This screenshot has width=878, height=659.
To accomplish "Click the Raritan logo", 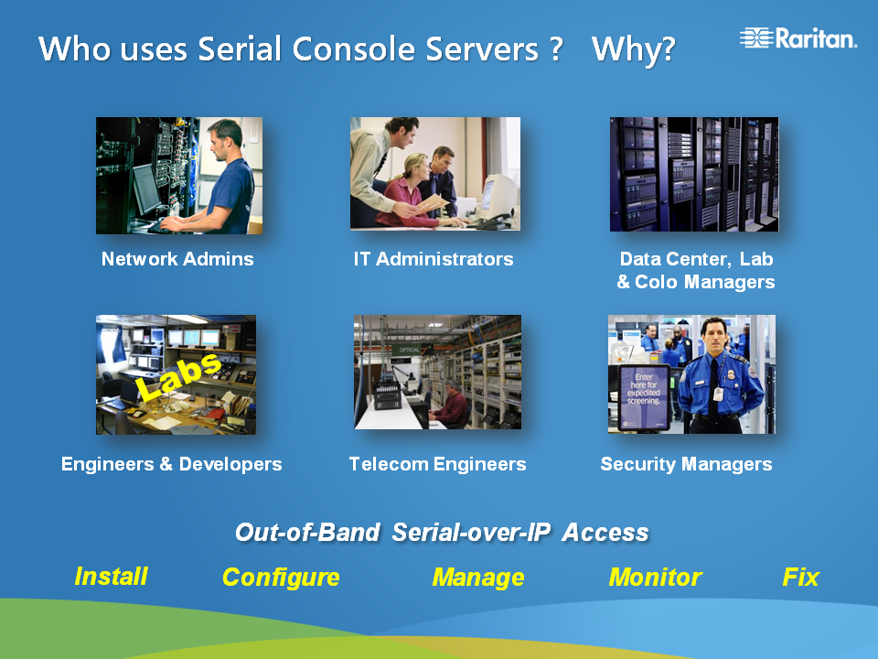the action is point(798,38).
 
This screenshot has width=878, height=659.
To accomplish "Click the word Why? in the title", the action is point(633,49).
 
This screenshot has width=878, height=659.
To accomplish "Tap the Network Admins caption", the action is point(177,259).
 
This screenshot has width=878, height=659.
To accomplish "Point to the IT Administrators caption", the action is point(434,259).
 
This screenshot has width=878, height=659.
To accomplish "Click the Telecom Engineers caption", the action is point(437,464).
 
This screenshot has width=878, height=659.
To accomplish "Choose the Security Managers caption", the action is point(686,464).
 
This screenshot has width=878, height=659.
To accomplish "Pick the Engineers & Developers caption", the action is point(171,464).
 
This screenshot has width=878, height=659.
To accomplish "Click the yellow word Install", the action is point(111,577).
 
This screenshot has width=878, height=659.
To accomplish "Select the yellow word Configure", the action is point(281,578).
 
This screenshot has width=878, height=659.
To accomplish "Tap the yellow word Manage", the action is point(478,578).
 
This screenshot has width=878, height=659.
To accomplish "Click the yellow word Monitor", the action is point(655,578).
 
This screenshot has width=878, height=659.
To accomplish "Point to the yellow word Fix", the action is point(801,578).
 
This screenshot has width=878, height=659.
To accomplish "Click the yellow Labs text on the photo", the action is point(179,376).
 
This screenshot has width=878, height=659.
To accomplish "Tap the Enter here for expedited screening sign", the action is point(644,397).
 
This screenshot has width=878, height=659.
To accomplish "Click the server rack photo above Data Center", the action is point(694,174).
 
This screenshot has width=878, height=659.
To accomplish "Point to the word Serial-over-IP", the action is point(471,533).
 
